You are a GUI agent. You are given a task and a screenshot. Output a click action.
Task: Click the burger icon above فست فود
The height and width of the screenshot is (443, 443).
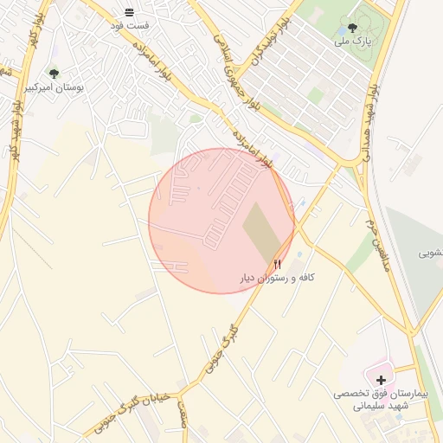pyautogui.click(x=129, y=11)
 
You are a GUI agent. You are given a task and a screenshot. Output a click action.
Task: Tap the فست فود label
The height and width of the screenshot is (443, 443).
pyautogui.click(x=129, y=25)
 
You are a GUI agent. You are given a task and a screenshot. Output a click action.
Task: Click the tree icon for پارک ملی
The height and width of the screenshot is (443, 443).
pyautogui.click(x=352, y=28)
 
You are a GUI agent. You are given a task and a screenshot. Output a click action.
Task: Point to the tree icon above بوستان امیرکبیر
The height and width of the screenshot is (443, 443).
pyautogui.click(x=54, y=74)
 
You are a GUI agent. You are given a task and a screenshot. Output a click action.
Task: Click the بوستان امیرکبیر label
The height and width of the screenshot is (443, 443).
pyautogui.click(x=54, y=87)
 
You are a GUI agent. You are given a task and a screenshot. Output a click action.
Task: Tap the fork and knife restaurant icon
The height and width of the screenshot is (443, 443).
pyautogui.click(x=278, y=263)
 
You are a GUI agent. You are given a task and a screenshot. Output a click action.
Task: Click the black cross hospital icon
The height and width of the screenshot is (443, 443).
pyautogui.click(x=382, y=379)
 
